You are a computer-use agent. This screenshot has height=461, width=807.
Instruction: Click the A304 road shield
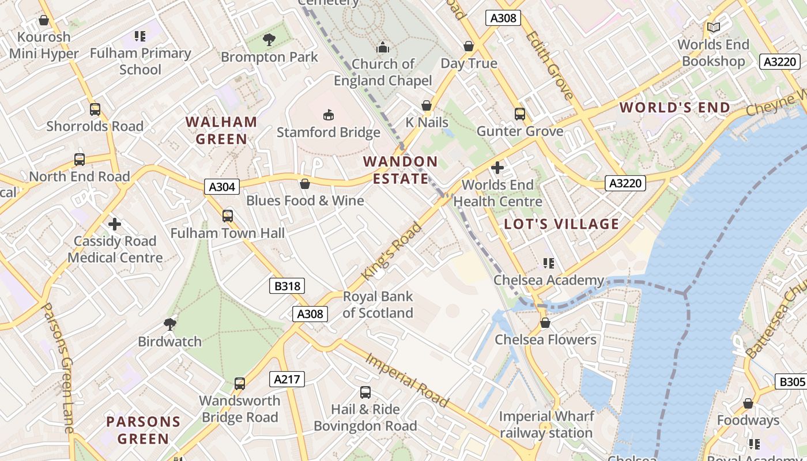pos(222,187)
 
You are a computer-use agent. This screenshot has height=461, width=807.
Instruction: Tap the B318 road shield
pos(286,286)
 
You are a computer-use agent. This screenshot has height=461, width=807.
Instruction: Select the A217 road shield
pos(286,379)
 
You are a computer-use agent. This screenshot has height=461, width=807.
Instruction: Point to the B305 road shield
pos(791,381)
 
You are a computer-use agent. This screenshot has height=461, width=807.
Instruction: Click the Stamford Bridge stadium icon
pos(328,115)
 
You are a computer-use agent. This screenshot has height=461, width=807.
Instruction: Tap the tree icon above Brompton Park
pos(269,40)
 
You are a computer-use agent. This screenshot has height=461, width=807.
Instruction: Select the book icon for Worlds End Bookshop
pos(713,28)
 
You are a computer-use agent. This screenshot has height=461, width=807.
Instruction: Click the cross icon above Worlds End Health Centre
pos(497,168)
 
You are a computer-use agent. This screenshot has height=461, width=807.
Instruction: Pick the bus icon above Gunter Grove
pos(520,114)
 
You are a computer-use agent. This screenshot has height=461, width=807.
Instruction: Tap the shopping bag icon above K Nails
pos(427,105)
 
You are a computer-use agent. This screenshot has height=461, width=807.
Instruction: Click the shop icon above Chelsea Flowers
pos(545,323)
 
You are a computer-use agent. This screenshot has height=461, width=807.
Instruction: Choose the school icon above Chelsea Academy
pos(548,263)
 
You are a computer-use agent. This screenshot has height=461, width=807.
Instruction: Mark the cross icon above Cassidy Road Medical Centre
pos(115,224)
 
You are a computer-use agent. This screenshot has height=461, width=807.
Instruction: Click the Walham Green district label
pos(221,130)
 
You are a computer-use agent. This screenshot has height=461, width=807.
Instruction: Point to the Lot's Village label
pos(561,224)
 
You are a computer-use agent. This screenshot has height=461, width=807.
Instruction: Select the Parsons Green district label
pos(143,430)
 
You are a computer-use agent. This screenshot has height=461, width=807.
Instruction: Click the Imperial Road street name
pos(407,380)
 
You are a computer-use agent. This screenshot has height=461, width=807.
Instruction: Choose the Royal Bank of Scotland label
pos(378,305)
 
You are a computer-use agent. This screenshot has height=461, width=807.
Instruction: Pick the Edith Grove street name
pos(549,65)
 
